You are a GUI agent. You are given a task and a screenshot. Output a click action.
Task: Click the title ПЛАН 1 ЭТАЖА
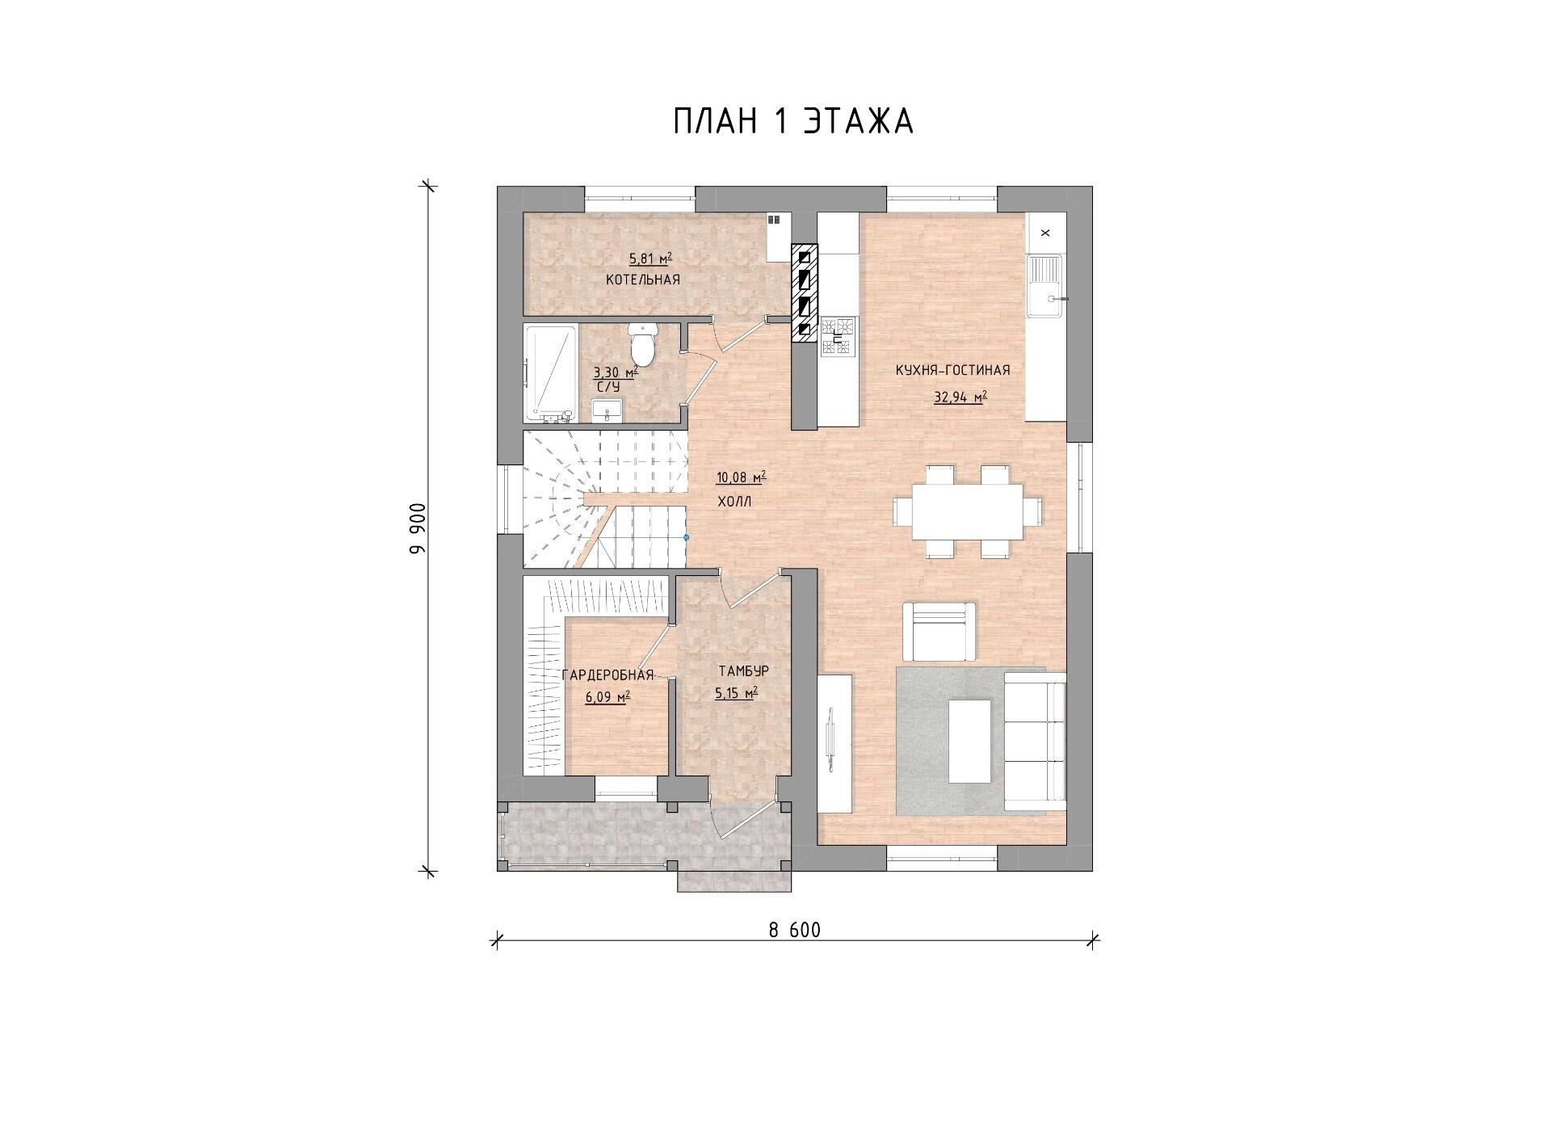click(x=793, y=121)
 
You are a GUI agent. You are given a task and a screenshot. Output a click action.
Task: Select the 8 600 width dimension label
click(x=794, y=931)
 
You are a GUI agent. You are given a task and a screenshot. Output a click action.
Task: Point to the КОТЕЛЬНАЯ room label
click(x=643, y=280)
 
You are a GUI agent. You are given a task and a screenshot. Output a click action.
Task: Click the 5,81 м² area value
click(x=651, y=259)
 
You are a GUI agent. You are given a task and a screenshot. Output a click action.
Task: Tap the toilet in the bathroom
click(x=643, y=344)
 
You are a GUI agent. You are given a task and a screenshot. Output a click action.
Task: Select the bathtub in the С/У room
click(x=550, y=372)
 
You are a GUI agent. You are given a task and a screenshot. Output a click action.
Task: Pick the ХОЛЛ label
click(x=734, y=502)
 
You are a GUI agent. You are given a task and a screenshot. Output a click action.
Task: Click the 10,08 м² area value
click(x=742, y=477)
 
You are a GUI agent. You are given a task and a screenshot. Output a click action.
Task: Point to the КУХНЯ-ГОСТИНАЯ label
click(x=952, y=370)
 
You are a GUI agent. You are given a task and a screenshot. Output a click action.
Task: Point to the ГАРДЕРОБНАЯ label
click(x=607, y=676)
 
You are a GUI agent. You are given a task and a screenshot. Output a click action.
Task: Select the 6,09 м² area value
click(x=608, y=696)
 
